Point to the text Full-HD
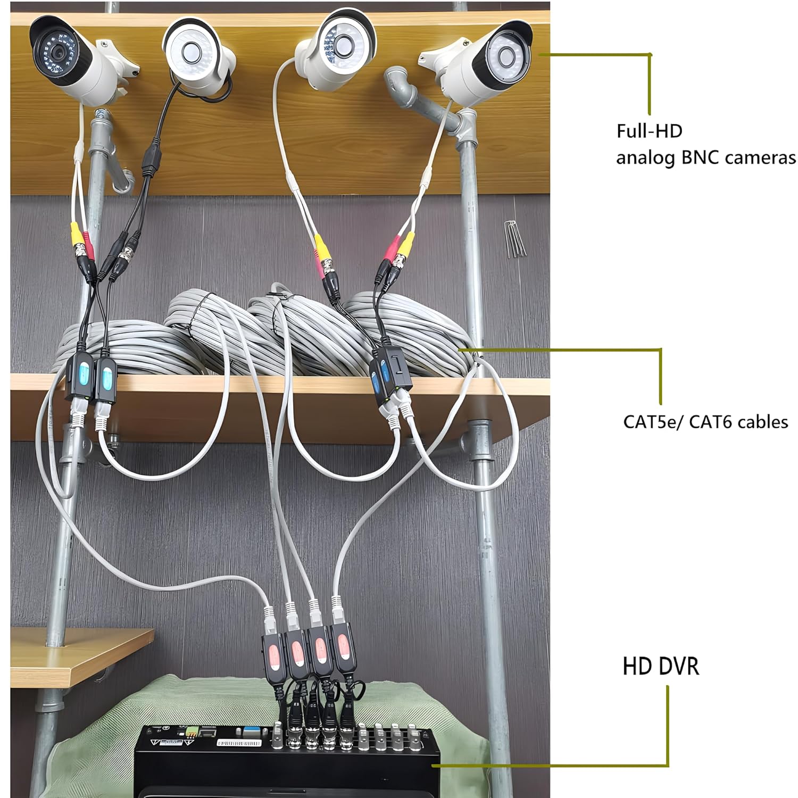(649, 131)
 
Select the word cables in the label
(763, 422)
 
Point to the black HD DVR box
(287, 766)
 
